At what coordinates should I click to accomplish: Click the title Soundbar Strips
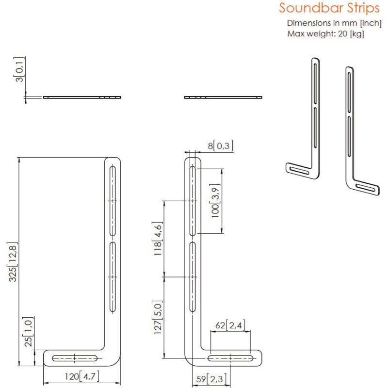tap(329, 9)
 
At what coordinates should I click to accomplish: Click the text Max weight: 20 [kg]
tap(325, 33)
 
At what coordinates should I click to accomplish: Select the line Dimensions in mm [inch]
tap(334, 23)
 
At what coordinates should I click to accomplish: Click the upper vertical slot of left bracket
tap(113, 200)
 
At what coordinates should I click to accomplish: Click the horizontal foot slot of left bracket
tap(75, 358)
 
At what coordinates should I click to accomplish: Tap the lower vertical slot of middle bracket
tap(193, 276)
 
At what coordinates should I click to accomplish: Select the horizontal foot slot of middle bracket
tap(230, 358)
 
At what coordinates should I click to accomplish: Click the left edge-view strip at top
tap(81, 97)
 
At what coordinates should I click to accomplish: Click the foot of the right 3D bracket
tap(367, 189)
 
